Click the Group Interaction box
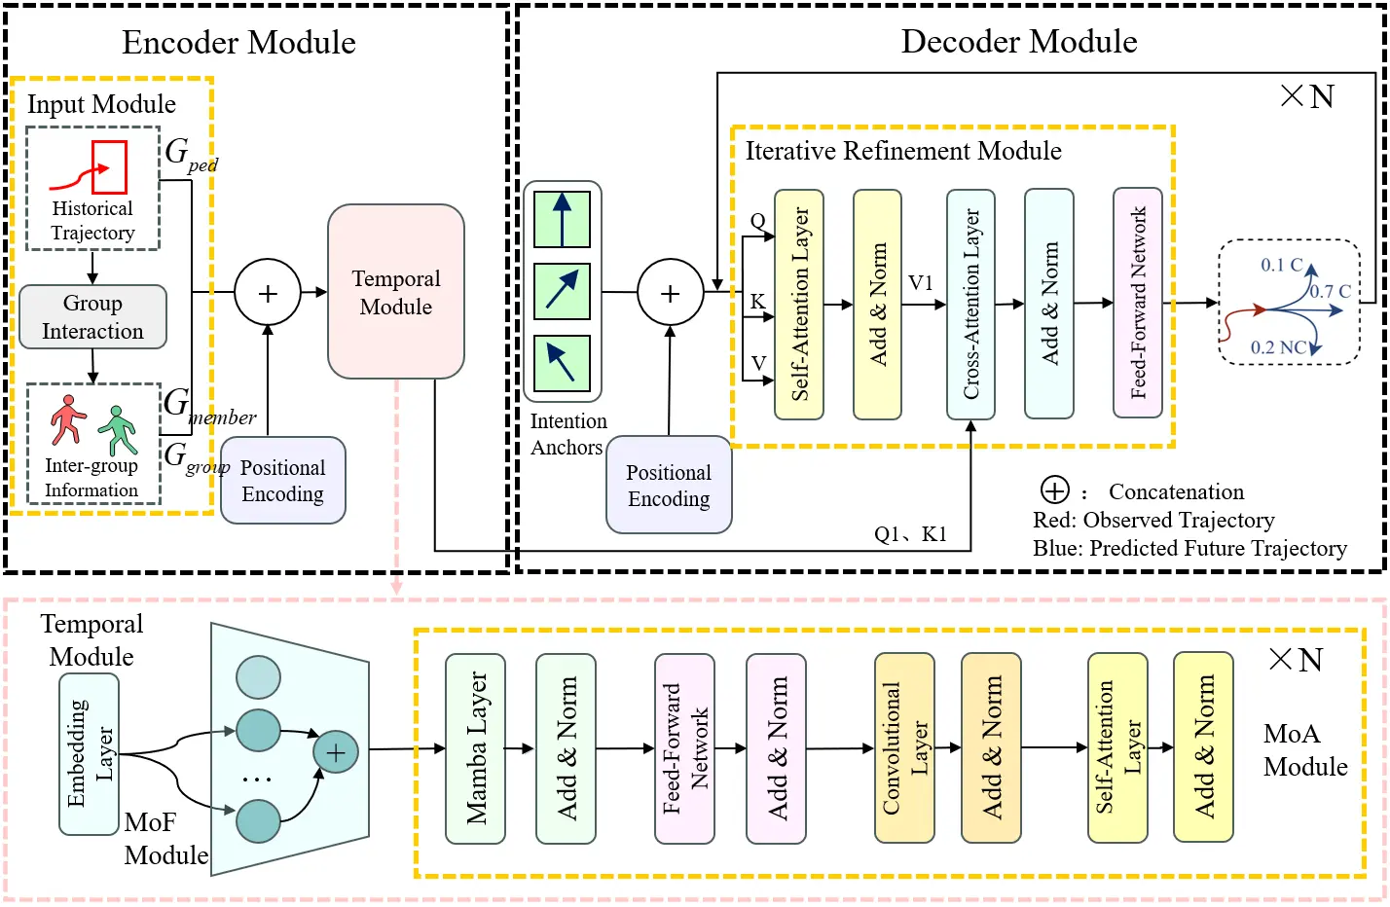click(x=92, y=316)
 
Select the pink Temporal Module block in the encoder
click(x=396, y=292)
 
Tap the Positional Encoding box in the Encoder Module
click(x=283, y=480)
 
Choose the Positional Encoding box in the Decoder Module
click(x=669, y=485)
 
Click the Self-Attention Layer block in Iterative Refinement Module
click(x=799, y=304)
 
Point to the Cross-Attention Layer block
click(x=971, y=304)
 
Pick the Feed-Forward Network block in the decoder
click(x=1138, y=303)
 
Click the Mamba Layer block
click(x=476, y=748)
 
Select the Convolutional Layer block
click(x=904, y=747)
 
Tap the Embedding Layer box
click(x=89, y=754)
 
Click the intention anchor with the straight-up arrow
click(x=563, y=220)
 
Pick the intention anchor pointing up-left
click(x=563, y=364)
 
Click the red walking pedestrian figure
click(x=67, y=420)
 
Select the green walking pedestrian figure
click(x=118, y=430)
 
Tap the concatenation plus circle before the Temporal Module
click(x=268, y=292)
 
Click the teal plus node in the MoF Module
click(x=336, y=752)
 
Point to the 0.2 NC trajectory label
click(x=1278, y=347)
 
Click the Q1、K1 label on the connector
click(x=910, y=534)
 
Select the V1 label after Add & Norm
click(x=921, y=283)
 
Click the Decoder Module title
click(x=1019, y=42)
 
